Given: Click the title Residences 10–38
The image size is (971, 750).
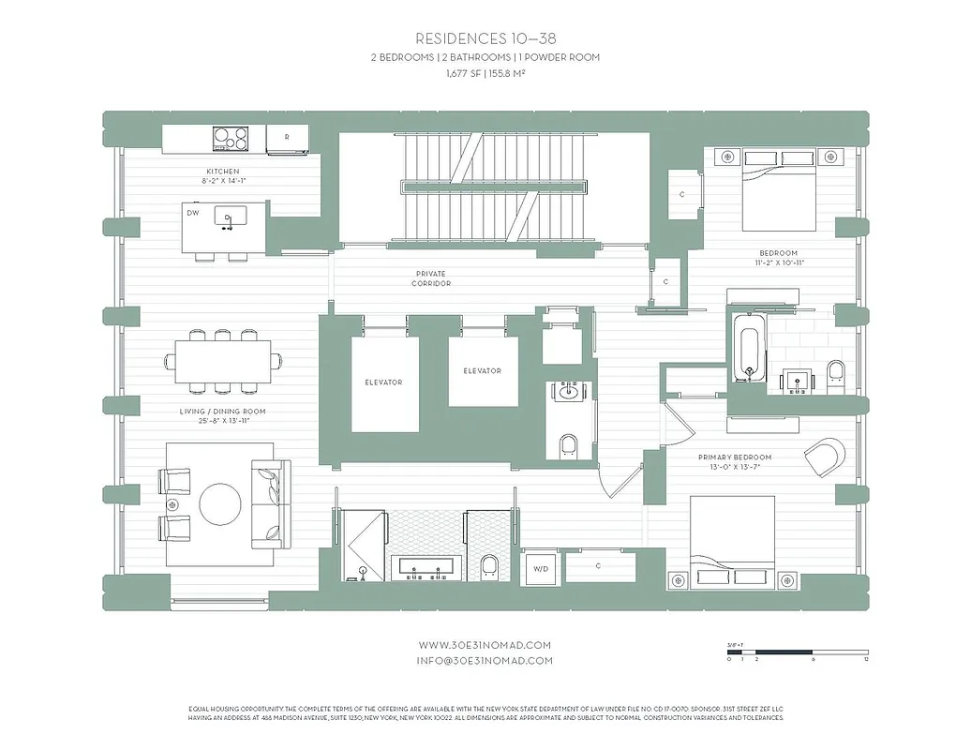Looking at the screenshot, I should click(x=485, y=38).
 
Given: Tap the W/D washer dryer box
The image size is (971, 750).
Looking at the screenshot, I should click(x=540, y=567).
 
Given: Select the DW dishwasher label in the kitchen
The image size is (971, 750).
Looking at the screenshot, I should click(x=193, y=213).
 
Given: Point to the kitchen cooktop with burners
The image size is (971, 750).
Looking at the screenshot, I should click(x=231, y=139).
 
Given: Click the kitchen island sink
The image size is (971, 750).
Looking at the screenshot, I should click(x=227, y=217).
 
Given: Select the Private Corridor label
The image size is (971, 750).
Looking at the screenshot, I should click(x=433, y=278).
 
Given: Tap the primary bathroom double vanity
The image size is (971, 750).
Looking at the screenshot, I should click(x=426, y=565).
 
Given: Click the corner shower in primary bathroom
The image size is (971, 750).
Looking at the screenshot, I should click(x=362, y=545).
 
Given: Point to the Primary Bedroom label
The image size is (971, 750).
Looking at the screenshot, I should click(x=734, y=458).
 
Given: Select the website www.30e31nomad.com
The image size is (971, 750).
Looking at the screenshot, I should click(x=485, y=645).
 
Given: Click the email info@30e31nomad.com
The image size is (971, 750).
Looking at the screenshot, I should click(x=485, y=660).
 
